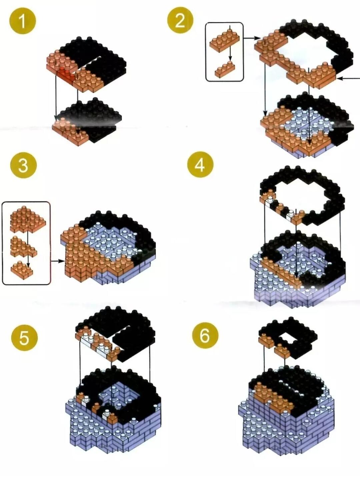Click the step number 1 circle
(x=23, y=21)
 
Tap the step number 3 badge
(x=23, y=165)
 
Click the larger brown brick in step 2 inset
(x=224, y=40)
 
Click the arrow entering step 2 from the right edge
(x=348, y=79)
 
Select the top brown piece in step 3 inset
(x=28, y=219)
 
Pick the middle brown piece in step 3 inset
(x=23, y=247)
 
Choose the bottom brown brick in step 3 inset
(x=22, y=268)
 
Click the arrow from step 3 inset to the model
(x=58, y=261)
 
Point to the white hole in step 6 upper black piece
(x=288, y=339)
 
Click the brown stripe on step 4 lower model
(x=282, y=272)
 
